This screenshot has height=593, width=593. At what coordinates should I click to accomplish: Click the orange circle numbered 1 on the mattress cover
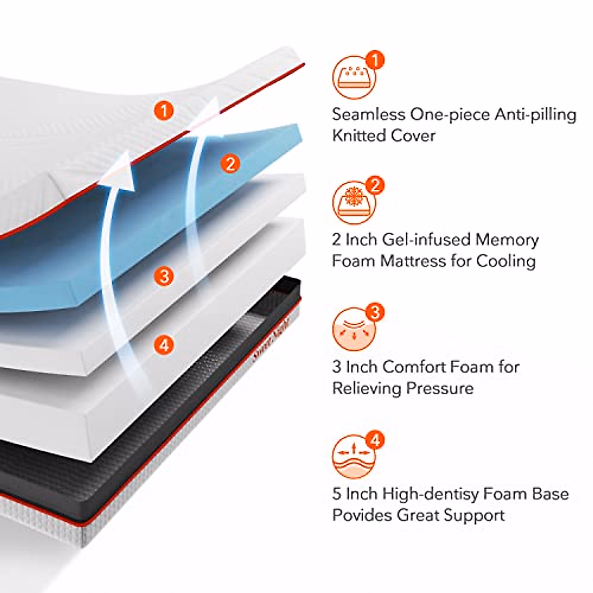[x=164, y=110]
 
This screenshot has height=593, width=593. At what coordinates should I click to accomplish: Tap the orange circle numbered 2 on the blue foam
[x=231, y=163]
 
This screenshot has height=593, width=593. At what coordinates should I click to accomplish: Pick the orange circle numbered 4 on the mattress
[x=164, y=344]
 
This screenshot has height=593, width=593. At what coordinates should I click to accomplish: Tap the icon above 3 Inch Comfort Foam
[x=353, y=329]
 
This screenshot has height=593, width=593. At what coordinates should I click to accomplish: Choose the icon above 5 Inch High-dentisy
[x=353, y=456]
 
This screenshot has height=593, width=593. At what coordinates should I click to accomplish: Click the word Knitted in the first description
[x=359, y=135]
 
